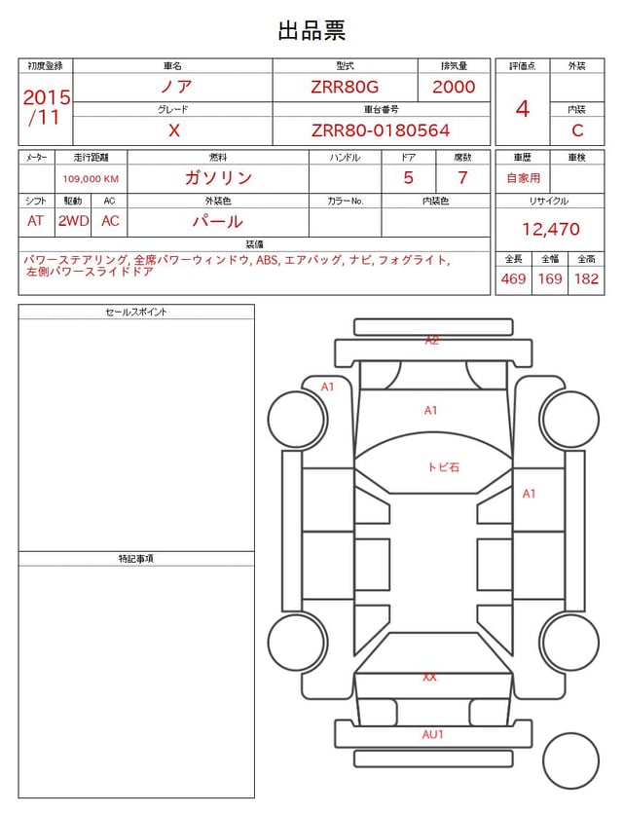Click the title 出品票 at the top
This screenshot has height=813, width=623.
coord(311,30)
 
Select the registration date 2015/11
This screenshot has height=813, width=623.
coord(46,107)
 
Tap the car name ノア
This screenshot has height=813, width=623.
coord(176,86)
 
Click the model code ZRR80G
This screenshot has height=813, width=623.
coord(345,87)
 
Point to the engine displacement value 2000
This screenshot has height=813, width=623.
coord(454,87)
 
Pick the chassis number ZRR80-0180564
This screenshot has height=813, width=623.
coord(381,130)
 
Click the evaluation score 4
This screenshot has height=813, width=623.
coord(523,109)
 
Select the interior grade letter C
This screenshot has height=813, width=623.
coord(577,130)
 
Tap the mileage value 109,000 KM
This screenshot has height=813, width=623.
coord(91,179)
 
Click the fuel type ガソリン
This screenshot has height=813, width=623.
coord(218,178)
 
